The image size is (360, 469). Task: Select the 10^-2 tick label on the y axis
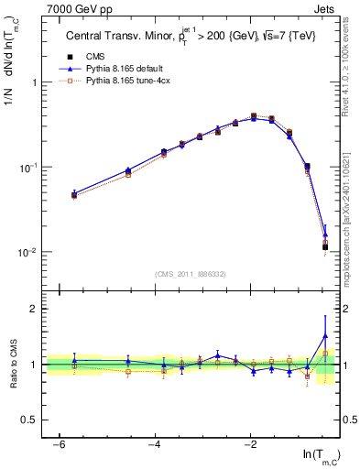point(33,253)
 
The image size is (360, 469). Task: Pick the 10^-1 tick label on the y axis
point(33,168)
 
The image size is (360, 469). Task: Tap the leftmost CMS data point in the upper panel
point(74,194)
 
